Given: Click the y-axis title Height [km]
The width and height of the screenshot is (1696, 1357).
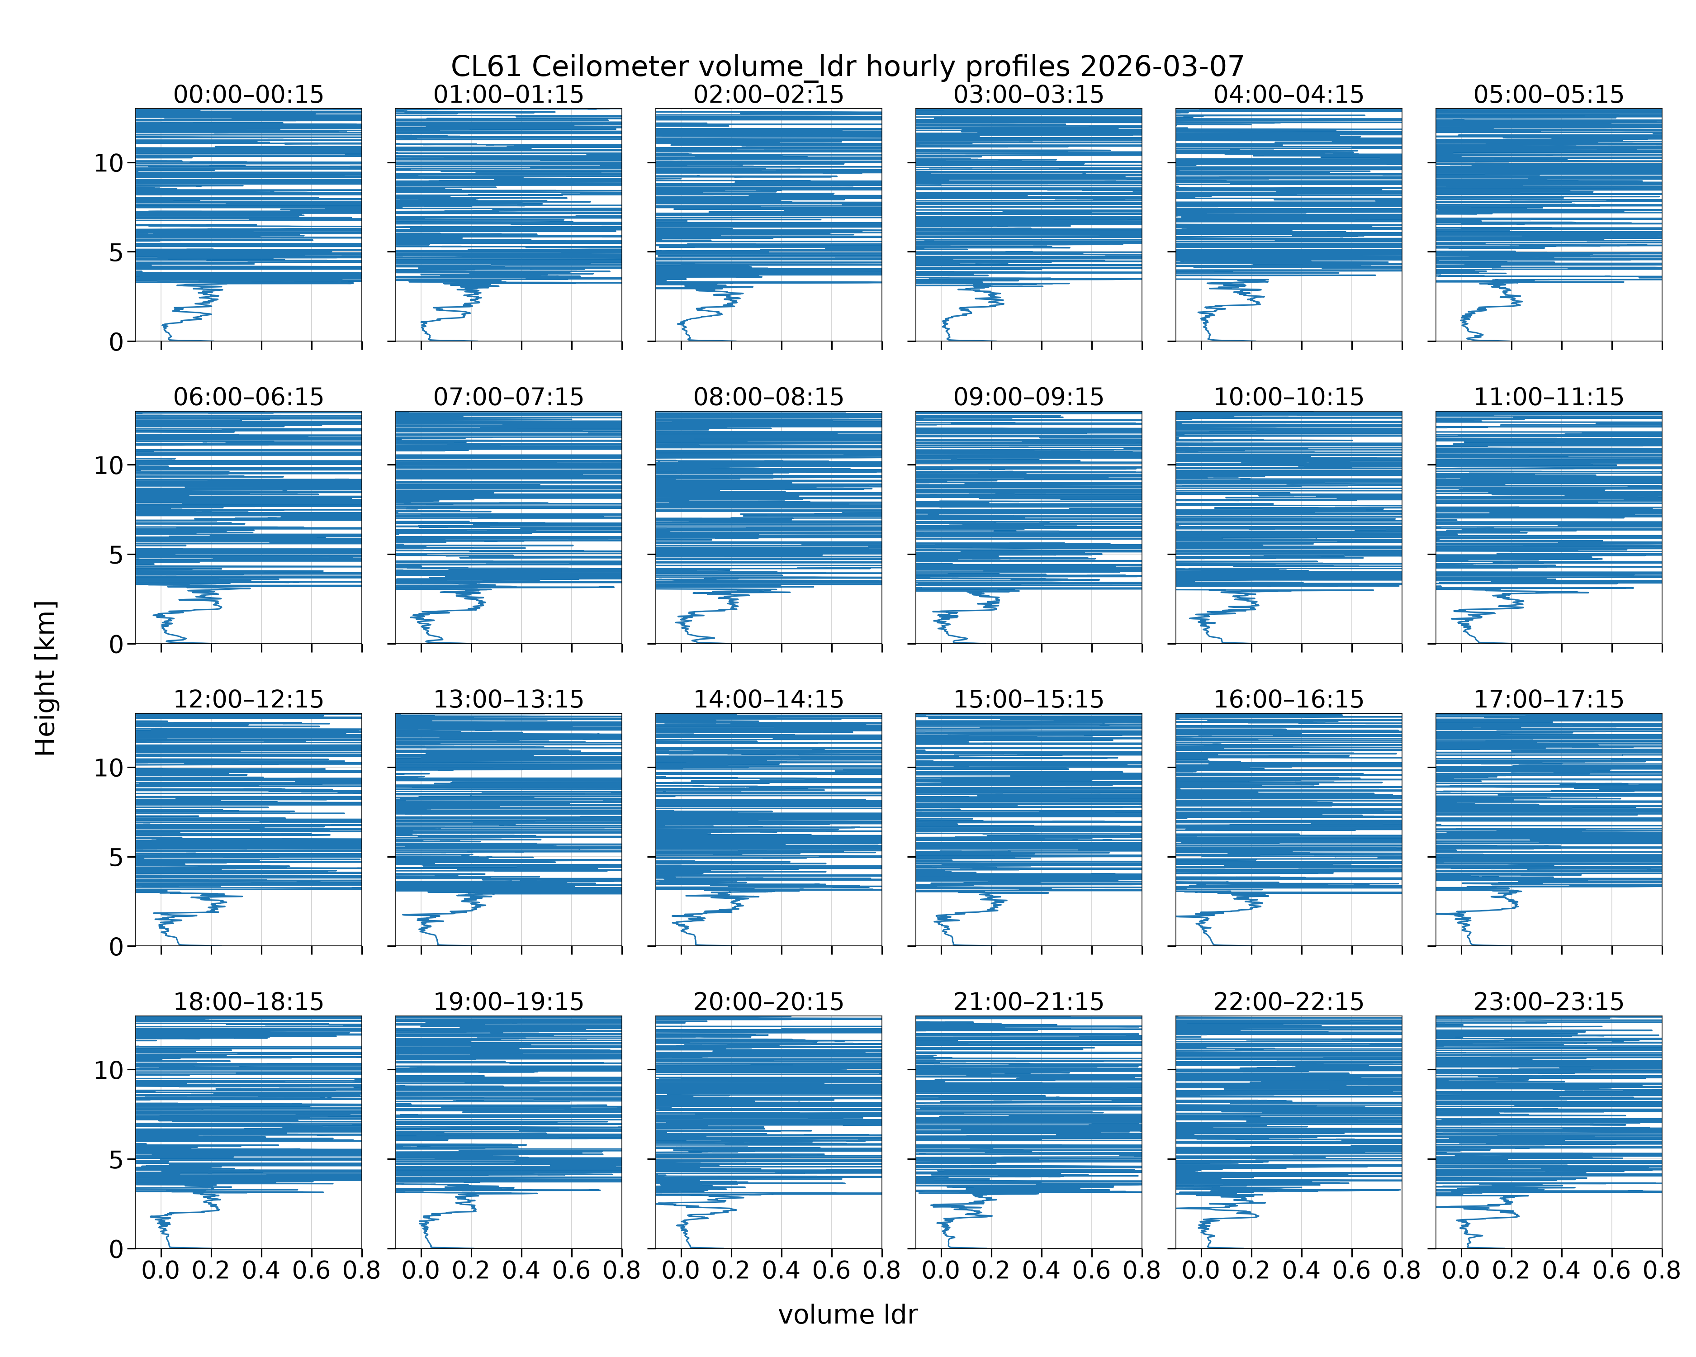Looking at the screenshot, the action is pyautogui.click(x=46, y=678).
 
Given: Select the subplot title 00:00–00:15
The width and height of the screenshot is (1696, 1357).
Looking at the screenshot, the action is pyautogui.click(x=249, y=95).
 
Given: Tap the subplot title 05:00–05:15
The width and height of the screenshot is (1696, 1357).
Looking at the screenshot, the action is pyautogui.click(x=1548, y=95).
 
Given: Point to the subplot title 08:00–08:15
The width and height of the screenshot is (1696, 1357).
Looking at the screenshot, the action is pyautogui.click(x=768, y=397).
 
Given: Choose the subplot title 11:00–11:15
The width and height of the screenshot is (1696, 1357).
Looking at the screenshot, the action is pyautogui.click(x=1548, y=397).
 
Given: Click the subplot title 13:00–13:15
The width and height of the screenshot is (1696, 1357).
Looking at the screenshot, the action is pyautogui.click(x=509, y=699).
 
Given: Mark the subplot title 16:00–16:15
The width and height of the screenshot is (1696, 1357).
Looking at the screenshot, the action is pyautogui.click(x=1289, y=699).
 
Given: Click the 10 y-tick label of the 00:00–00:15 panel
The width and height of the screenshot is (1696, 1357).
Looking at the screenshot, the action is pyautogui.click(x=109, y=164).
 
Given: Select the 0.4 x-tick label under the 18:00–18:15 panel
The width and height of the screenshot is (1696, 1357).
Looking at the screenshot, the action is pyautogui.click(x=261, y=1271).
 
